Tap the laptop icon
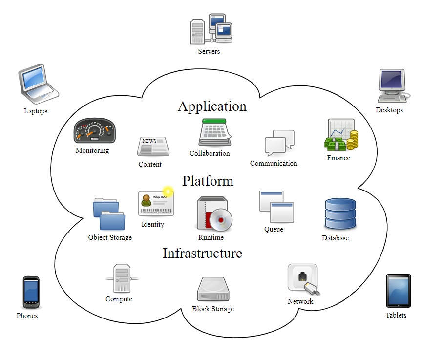38,84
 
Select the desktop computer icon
393,85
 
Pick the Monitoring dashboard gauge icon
94,131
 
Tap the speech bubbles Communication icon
279,142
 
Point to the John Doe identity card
156,203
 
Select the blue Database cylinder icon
340,214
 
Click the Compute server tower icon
122,278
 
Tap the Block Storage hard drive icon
213,289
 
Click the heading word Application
212,106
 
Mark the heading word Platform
208,181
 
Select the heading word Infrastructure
202,253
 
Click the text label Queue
274,229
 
